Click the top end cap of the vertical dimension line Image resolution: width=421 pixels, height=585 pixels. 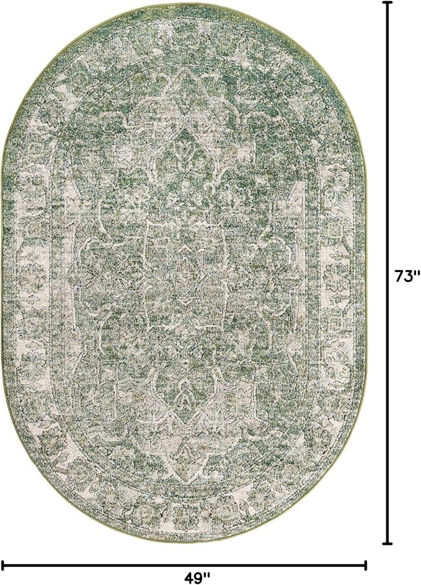pyautogui.click(x=389, y=3)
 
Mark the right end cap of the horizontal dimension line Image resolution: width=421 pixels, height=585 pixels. pyautogui.click(x=366, y=565)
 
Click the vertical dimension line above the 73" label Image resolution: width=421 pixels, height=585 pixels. pyautogui.click(x=389, y=136)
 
